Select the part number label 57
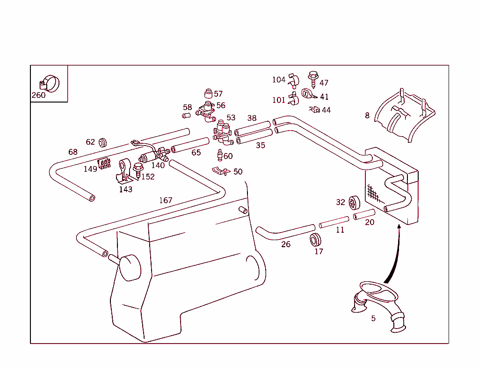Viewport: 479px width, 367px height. [x=218, y=94]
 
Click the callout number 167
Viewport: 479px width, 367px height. [x=166, y=200]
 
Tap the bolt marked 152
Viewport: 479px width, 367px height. [x=138, y=169]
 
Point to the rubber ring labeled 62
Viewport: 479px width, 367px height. [x=103, y=141]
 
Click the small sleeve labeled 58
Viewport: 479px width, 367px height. [x=186, y=115]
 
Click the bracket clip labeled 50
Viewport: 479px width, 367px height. [x=219, y=170]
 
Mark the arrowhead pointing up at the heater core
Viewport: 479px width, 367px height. [x=399, y=227]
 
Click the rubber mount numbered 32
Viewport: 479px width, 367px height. [x=354, y=202]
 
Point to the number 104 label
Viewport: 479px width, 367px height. [x=279, y=80]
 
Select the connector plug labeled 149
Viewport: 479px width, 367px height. [x=104, y=163]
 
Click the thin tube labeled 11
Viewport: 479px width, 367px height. [x=334, y=222]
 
